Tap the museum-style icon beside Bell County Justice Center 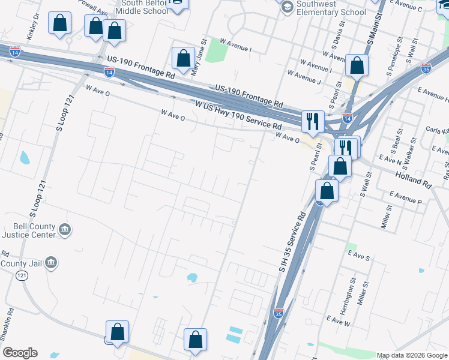coord(65,229)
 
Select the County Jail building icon coord(51,262)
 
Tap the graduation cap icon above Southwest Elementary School coord(286,7)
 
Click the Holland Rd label coord(412,177)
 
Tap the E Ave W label coord(338,322)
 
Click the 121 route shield coord(22,275)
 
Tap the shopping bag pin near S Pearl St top coord(357,67)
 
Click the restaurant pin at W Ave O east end coord(312,121)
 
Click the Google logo coord(20,353)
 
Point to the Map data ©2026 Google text coord(411,355)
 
